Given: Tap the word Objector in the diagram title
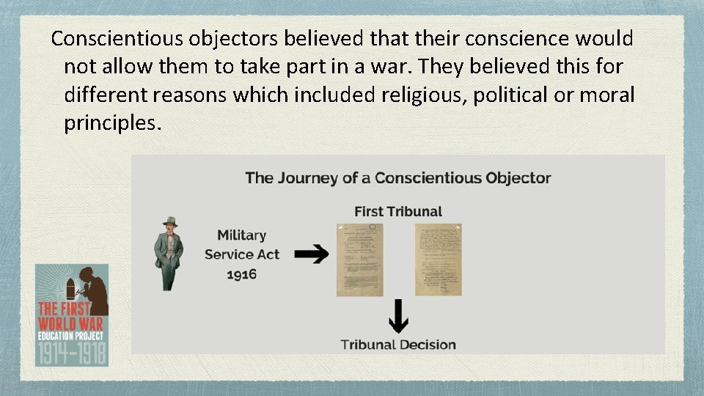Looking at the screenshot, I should tap(518, 177).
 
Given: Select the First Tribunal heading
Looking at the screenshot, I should tap(398, 211).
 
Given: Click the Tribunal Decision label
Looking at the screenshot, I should tap(398, 344).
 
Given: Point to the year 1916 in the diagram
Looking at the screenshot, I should tap(241, 274).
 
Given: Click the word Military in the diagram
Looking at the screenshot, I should tap(241, 235).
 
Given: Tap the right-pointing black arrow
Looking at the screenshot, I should tap(316, 254).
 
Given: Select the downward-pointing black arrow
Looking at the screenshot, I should tap(397, 315).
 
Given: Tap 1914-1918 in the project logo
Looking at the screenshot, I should tap(71, 353).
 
